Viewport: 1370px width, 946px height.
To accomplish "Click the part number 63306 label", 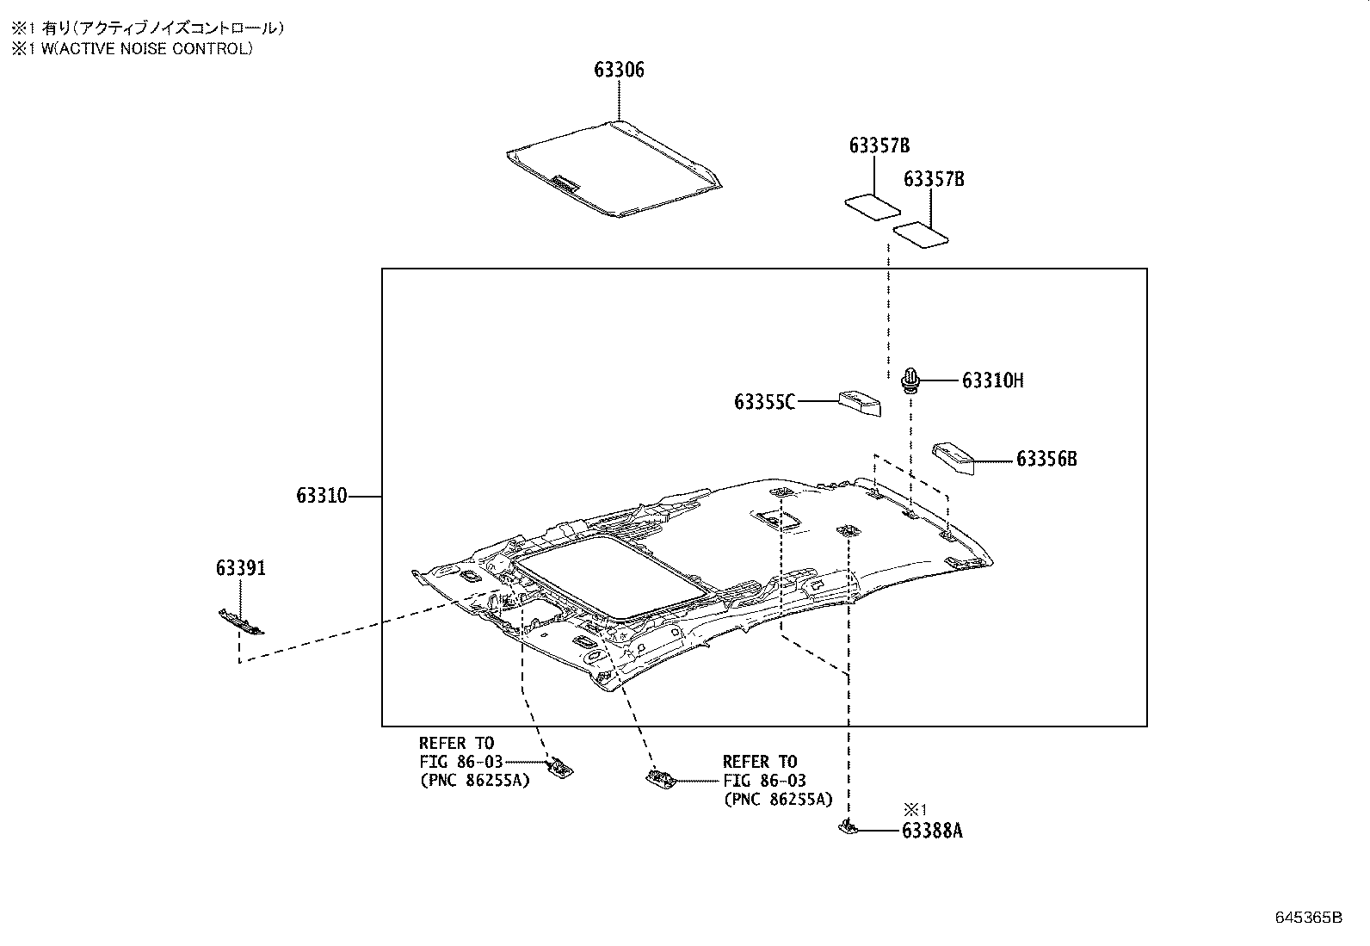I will (619, 71).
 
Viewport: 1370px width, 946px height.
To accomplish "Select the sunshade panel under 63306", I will (613, 170).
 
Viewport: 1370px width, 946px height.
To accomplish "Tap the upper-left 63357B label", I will (879, 146).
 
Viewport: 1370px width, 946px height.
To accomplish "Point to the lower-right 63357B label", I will (934, 179).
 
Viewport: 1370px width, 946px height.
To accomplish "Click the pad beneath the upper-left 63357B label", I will (872, 207).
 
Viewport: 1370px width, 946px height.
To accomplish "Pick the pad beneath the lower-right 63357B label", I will (922, 234).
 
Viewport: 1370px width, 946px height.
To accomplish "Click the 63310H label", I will (992, 380).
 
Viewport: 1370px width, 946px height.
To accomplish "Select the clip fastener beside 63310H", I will (910, 380).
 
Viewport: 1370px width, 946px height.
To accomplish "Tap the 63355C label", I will (764, 402).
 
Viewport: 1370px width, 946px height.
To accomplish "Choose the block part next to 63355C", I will (860, 403).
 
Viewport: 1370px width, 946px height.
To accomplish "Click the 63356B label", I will (1046, 459).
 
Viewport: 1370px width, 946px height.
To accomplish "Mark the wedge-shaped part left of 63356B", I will (953, 457).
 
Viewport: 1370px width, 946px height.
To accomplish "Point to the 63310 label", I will (322, 496).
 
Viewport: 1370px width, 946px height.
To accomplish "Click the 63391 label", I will (241, 568).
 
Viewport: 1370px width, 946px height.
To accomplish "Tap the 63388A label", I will (932, 831).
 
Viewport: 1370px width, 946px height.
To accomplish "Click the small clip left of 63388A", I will (847, 828).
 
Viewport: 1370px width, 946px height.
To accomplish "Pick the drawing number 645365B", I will (1308, 918).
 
